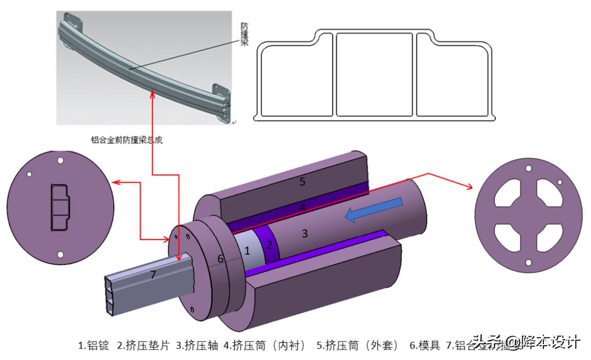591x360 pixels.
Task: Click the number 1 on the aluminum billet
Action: pyautogui.click(x=247, y=251)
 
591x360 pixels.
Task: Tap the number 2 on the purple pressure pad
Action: pyautogui.click(x=269, y=245)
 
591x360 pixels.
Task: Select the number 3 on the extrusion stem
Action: pyautogui.click(x=305, y=233)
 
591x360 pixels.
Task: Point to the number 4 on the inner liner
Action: pyautogui.click(x=302, y=207)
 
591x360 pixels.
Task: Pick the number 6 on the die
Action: pyautogui.click(x=221, y=258)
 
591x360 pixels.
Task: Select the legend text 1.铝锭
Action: pyautogui.click(x=94, y=346)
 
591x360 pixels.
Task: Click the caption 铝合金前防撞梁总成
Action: pyautogui.click(x=126, y=140)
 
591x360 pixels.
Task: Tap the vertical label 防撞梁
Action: pyautogui.click(x=245, y=34)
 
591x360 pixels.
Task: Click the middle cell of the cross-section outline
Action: pyautogui.click(x=375, y=75)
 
